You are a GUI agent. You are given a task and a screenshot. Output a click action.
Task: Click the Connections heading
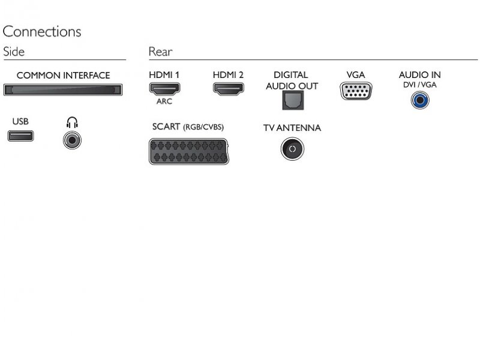point(42,32)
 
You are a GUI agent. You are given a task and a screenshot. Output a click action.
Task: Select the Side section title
point(14,52)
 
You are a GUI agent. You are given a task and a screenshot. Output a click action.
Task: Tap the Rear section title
point(160,52)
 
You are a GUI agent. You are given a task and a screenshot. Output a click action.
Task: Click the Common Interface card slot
point(63,89)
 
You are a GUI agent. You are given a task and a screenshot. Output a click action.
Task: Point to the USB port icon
point(20,136)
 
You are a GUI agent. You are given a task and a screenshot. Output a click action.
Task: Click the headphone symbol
point(72,122)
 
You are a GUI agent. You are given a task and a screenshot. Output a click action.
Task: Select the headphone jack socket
point(72,140)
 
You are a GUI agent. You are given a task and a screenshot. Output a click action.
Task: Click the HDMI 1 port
point(164,89)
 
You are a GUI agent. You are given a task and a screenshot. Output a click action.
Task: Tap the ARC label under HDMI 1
point(164,101)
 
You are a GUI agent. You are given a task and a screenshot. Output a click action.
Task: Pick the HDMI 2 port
point(229,89)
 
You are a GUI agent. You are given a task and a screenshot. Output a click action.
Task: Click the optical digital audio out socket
point(293,100)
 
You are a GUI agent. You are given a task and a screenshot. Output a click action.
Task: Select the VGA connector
point(356,91)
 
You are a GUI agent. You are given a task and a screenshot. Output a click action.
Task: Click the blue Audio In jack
point(420,100)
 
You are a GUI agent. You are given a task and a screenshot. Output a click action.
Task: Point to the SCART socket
point(189,152)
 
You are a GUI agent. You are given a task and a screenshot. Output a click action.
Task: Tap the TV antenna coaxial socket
point(292,149)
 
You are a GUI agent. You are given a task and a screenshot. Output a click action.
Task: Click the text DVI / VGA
point(419,85)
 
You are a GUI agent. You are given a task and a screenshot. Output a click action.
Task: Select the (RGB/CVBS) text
point(203,127)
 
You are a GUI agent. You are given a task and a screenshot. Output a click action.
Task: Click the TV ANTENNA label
point(292,128)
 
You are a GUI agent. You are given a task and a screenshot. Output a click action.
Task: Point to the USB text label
point(20,122)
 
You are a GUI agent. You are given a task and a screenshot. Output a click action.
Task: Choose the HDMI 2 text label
point(228,75)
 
